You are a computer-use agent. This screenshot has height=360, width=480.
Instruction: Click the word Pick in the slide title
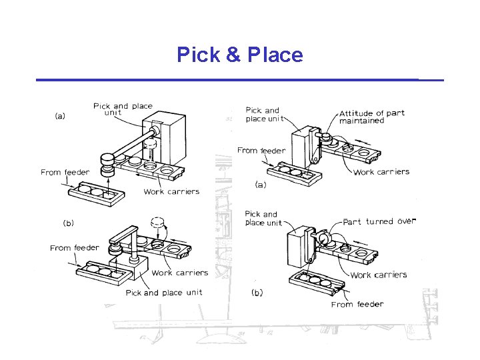click(197, 55)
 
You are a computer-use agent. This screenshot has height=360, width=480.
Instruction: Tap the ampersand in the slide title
click(233, 55)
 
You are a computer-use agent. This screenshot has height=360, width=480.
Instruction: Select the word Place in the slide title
click(275, 55)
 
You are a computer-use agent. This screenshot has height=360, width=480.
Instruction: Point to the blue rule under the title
click(240, 80)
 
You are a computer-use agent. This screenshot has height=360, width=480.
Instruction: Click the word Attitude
click(361, 113)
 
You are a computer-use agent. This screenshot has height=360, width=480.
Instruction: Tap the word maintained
click(361, 121)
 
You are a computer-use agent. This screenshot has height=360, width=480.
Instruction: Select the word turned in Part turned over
click(379, 221)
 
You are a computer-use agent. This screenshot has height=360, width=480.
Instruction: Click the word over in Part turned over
click(406, 221)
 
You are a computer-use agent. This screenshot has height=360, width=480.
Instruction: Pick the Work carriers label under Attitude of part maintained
click(381, 172)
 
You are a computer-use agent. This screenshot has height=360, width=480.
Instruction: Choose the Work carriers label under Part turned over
click(378, 275)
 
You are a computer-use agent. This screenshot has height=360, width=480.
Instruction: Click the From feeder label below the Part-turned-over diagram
click(357, 305)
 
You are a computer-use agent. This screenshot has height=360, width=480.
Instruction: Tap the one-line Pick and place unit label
click(164, 293)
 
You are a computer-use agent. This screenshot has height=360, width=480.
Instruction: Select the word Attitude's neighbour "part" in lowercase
click(395, 113)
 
